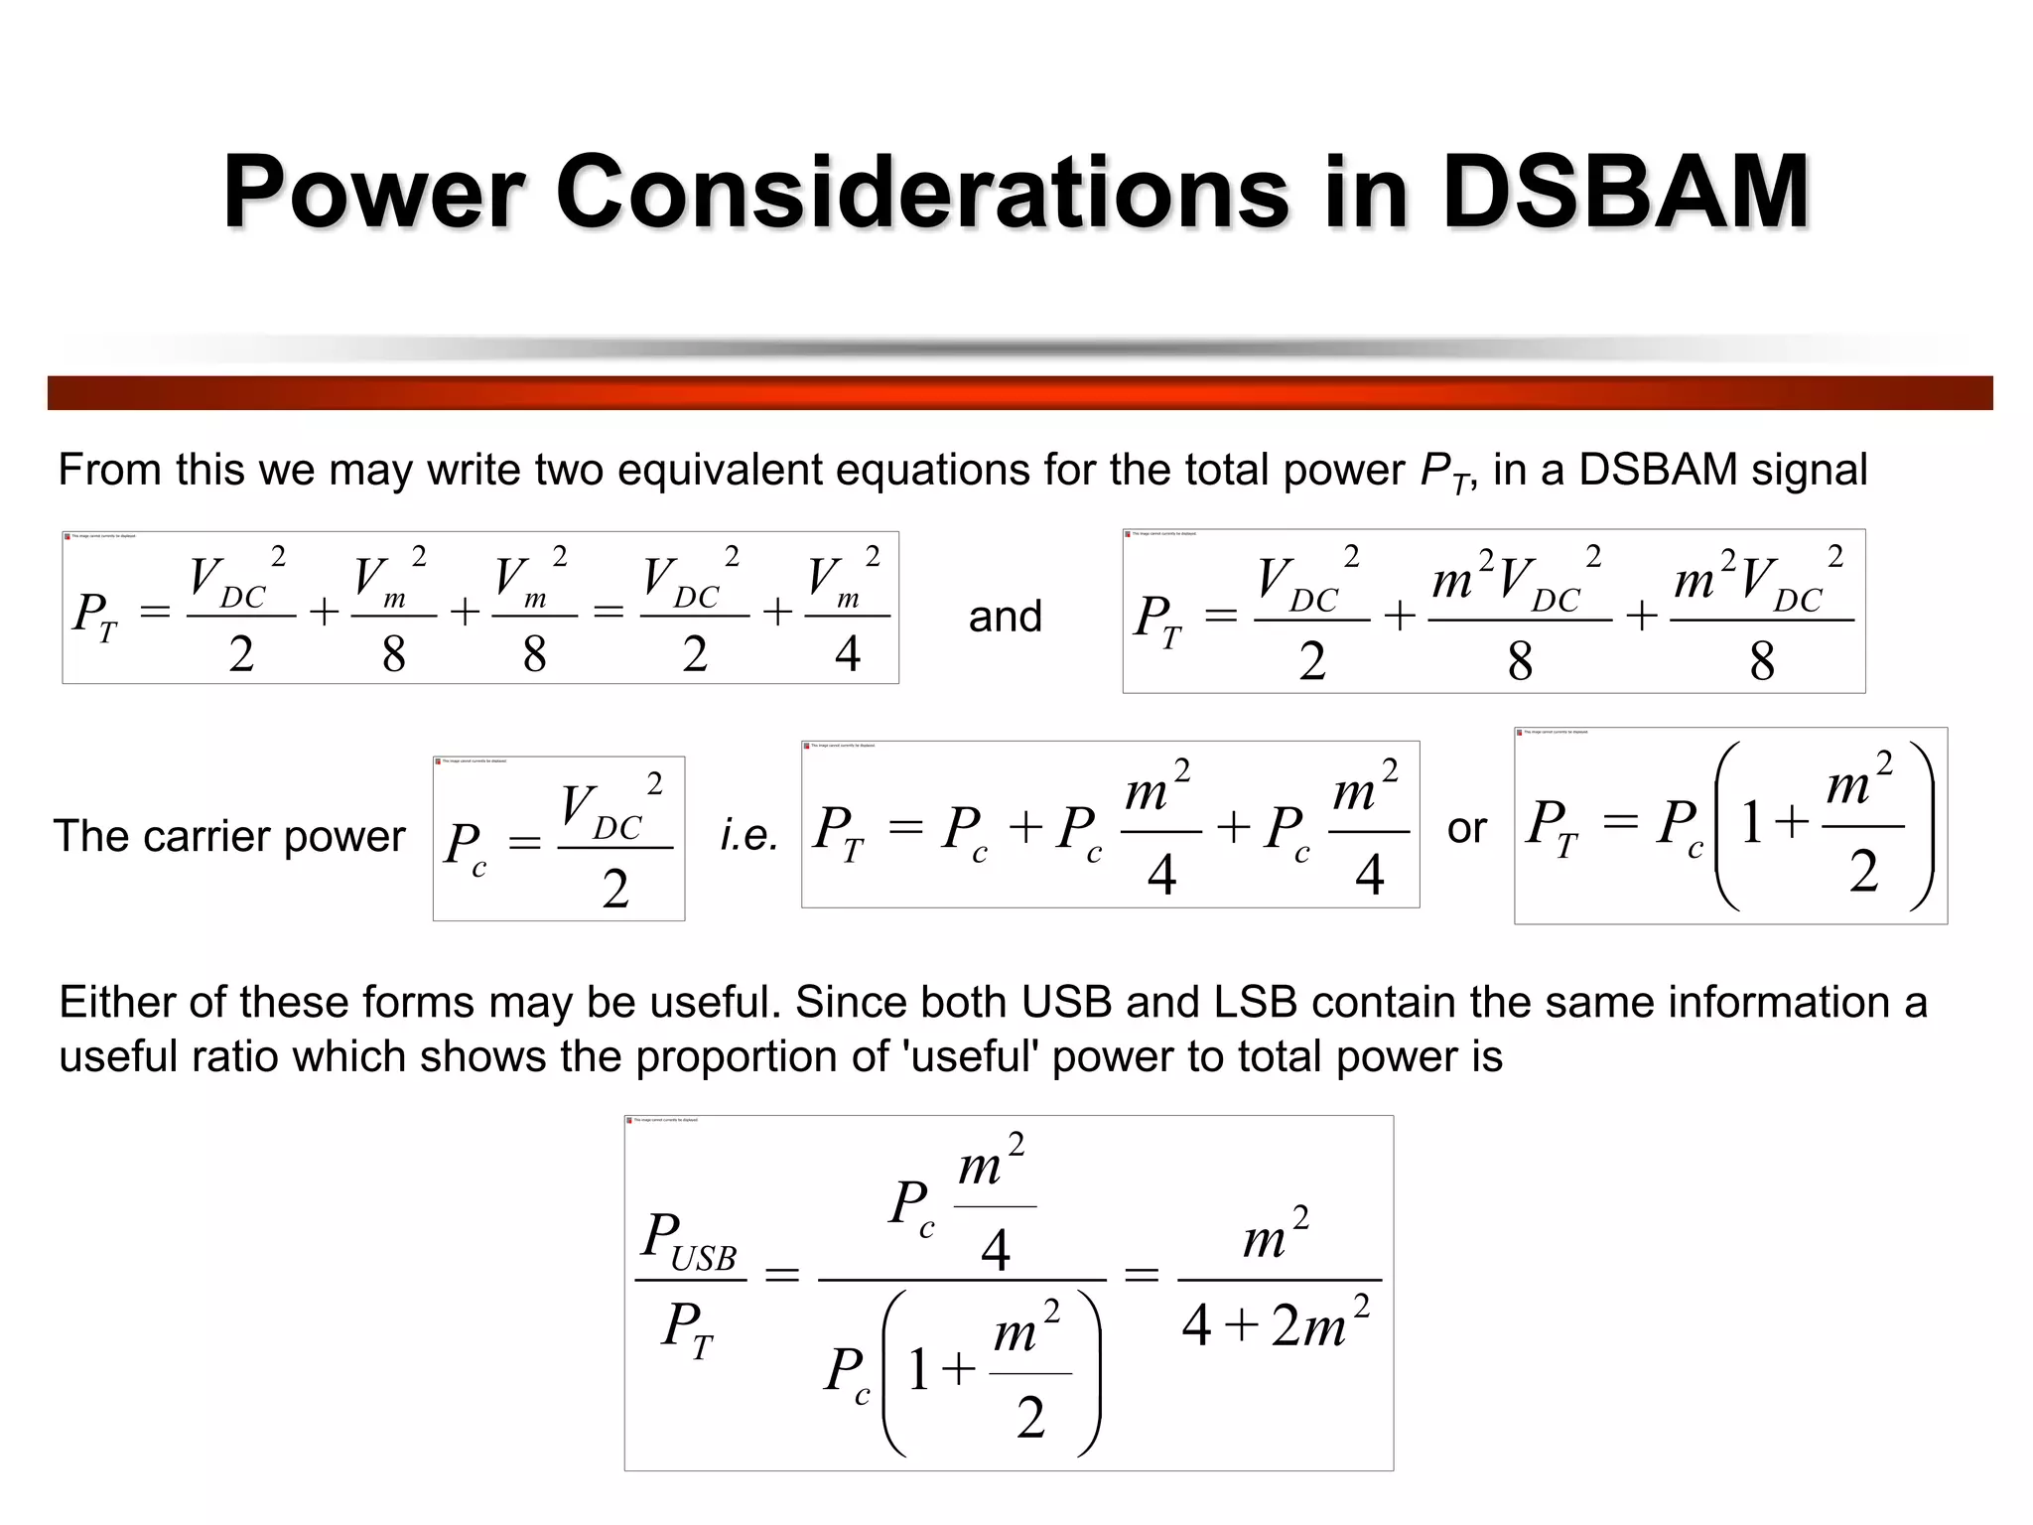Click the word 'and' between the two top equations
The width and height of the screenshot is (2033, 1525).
tap(1005, 617)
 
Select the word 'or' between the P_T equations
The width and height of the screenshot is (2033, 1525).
tap(1466, 828)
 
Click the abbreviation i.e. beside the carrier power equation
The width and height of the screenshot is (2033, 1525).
tap(748, 835)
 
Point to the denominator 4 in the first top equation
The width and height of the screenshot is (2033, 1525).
tap(847, 653)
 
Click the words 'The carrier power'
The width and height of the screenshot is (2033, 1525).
tap(229, 836)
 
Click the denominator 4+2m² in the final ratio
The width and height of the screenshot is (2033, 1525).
tap(1277, 1325)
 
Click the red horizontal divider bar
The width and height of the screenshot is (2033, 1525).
tap(1019, 392)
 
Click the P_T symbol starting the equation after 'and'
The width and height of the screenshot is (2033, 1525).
tap(1158, 621)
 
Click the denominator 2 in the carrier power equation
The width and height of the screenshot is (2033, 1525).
tap(615, 888)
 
